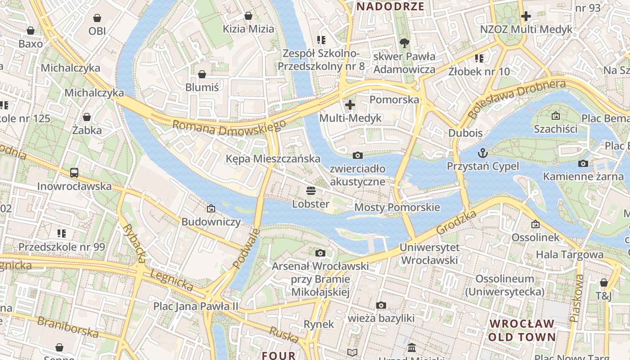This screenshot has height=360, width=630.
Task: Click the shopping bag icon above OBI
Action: pos(97,18)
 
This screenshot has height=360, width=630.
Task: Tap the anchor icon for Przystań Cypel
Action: pos(483,153)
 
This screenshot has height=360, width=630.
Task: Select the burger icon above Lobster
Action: pos(310,190)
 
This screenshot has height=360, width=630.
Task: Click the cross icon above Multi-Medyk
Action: pos(350,105)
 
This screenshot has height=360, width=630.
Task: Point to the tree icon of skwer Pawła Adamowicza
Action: pos(404,43)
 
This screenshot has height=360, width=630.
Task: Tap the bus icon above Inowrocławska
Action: pos(74,172)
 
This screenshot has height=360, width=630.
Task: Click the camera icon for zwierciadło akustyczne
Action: pos(358,155)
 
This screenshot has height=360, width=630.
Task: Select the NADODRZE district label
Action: pos(390,6)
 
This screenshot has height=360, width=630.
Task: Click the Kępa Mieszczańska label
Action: pos(273,158)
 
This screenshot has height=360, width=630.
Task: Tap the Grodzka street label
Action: pos(456,223)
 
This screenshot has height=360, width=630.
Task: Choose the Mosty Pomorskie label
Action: pos(397,207)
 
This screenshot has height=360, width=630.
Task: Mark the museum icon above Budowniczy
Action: pos(211,208)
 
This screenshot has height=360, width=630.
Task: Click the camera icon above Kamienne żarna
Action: pos(583,163)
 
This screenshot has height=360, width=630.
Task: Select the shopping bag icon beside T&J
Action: pos(603,283)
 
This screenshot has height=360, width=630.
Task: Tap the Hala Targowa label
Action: pos(569,254)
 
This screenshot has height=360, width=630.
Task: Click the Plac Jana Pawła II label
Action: pos(195,306)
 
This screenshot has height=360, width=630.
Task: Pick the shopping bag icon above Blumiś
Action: pos(202,74)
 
